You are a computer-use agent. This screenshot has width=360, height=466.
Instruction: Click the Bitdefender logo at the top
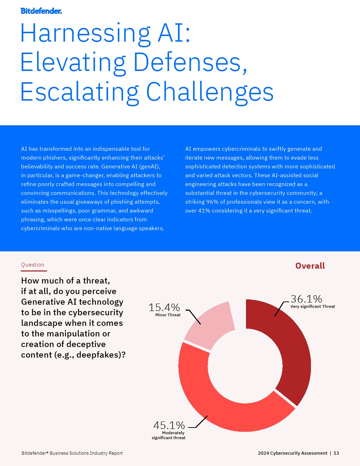coord(41,11)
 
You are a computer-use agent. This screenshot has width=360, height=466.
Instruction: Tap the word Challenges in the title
coord(210,92)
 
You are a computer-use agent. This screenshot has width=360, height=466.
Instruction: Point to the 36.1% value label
coord(306,299)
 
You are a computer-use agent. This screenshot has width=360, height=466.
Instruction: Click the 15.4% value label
coord(164,307)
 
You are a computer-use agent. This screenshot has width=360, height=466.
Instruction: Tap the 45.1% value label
coord(169,425)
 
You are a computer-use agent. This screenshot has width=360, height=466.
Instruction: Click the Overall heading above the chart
coord(310,266)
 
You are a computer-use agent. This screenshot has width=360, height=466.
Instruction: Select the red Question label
coord(32,265)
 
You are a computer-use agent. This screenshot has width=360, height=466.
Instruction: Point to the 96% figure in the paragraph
coord(212,202)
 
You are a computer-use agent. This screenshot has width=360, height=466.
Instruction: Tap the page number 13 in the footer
coord(336,453)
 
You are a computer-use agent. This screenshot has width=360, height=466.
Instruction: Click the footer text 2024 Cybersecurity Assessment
coord(293,453)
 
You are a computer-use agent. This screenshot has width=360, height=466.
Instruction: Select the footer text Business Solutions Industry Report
coord(86,453)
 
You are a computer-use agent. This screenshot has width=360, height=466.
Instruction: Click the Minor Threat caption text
coord(168,315)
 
